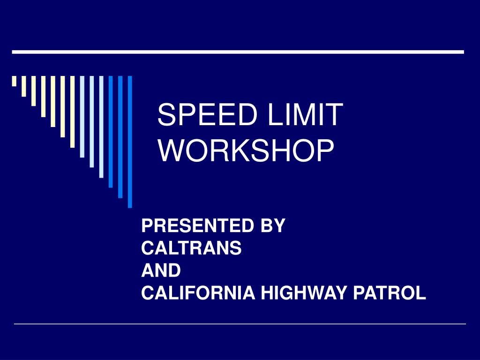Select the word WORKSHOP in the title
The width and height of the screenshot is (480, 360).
246,150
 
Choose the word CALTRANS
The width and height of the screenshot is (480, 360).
191,248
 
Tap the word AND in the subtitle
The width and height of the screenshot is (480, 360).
161,271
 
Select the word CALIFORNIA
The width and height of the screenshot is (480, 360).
198,293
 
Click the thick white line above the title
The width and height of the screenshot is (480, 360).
238,52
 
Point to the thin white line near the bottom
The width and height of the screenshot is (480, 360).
240,324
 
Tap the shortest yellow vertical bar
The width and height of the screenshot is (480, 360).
14,81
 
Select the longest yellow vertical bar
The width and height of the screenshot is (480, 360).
72,112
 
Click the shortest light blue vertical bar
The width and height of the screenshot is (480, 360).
82,116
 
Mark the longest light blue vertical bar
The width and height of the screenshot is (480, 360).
101,127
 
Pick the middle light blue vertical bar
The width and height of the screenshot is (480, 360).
91,121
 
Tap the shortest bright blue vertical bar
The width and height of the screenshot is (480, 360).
111,131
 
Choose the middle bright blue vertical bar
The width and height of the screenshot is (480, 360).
120,136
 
